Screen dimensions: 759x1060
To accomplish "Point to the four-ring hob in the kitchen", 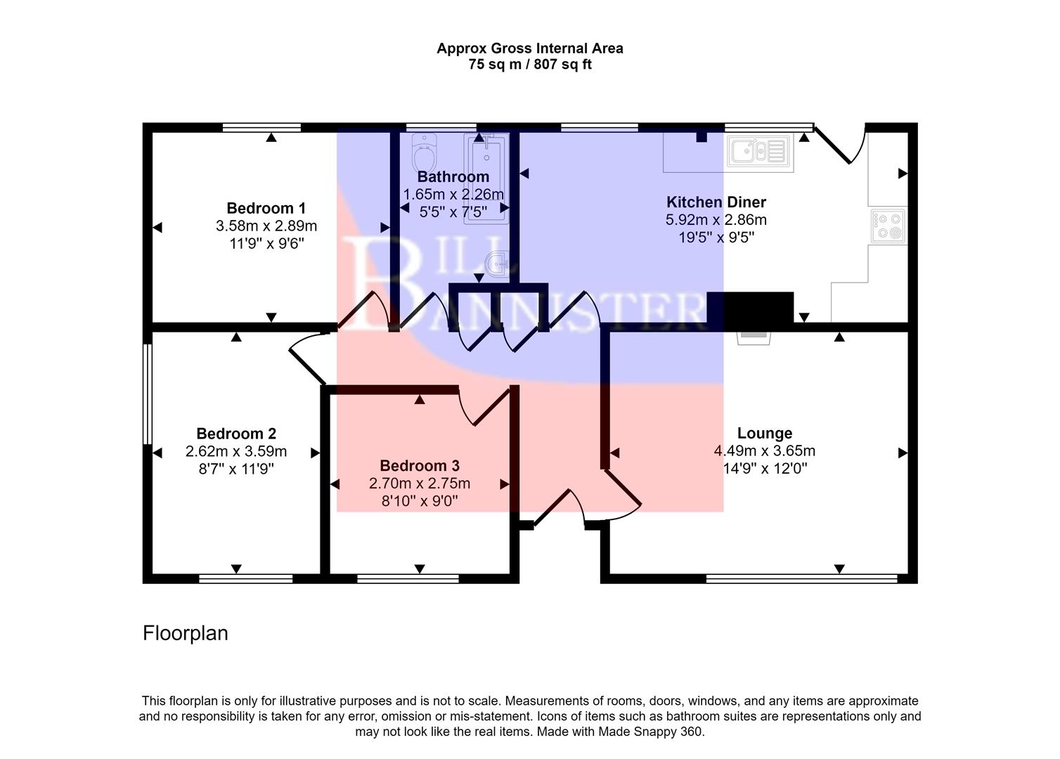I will pyautogui.click(x=888, y=226).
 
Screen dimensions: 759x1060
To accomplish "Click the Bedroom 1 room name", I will pyautogui.click(x=266, y=208).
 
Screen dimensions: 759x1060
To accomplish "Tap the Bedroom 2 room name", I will pyautogui.click(x=236, y=434).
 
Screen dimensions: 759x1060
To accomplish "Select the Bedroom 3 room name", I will pyautogui.click(x=419, y=465).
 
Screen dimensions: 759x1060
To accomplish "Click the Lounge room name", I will pyautogui.click(x=764, y=434).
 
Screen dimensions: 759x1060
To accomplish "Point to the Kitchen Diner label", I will pyautogui.click(x=716, y=202).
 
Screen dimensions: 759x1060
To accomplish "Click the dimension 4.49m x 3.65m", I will pyautogui.click(x=764, y=451).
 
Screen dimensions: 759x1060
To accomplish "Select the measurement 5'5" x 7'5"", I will pyautogui.click(x=453, y=212).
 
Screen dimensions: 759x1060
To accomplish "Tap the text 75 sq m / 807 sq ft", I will pyautogui.click(x=529, y=65).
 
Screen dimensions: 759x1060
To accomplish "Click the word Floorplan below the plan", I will pyautogui.click(x=186, y=633).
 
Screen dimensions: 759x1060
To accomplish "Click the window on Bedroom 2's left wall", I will pyautogui.click(x=147, y=394).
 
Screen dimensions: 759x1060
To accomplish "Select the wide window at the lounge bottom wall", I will pyautogui.click(x=801, y=578).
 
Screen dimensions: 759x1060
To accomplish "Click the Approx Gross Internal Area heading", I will pyautogui.click(x=529, y=48).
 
